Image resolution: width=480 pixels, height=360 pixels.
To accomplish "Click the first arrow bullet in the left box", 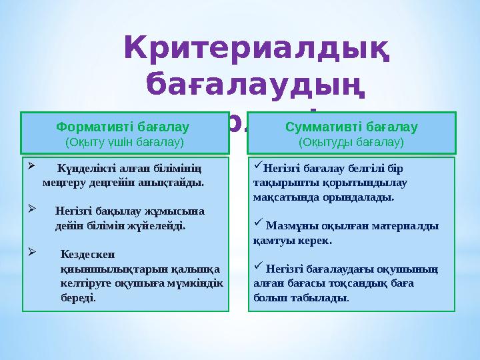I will point(31,165).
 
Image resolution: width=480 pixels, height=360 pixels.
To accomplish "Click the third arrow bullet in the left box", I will point(31,251).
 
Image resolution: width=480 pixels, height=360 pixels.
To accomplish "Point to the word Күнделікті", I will point(84,168).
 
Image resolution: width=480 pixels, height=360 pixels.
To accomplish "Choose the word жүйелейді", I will point(162,226).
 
